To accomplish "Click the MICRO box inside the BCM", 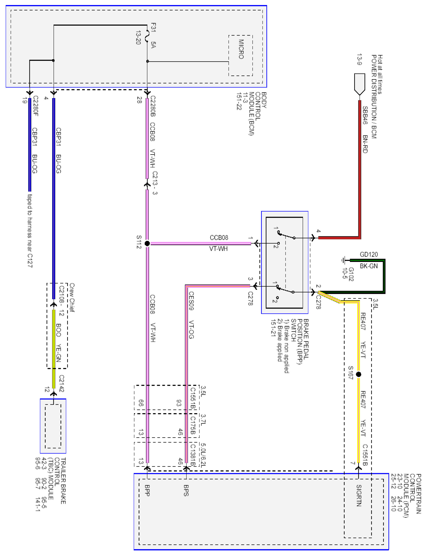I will [x=241, y=55].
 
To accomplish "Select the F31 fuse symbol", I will [x=147, y=36].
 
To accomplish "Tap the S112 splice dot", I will [x=147, y=243].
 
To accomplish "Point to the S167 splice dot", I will [x=358, y=374].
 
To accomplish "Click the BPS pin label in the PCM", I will [x=186, y=490].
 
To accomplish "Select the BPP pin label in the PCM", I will [x=147, y=490].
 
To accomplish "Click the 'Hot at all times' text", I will [x=380, y=74].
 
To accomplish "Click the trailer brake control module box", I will [x=53, y=426].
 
